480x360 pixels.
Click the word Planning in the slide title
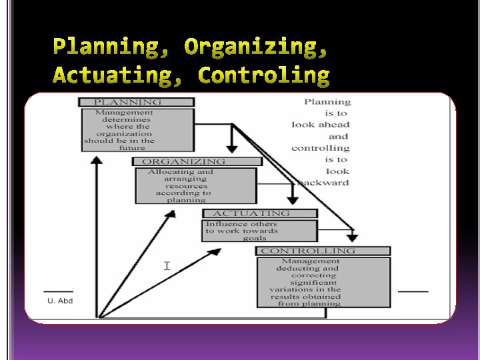pyautogui.click(x=111, y=48)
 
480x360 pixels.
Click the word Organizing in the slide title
pyautogui.click(x=257, y=48)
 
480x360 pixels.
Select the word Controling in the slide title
pyautogui.click(x=265, y=76)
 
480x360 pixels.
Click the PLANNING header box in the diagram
pyautogui.click(x=137, y=102)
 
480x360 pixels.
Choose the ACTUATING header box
pyautogui.click(x=260, y=213)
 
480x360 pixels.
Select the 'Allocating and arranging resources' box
pyautogui.click(x=195, y=185)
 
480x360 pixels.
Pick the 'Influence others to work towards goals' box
pyautogui.click(x=260, y=231)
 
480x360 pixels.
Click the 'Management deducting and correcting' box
pyautogui.click(x=323, y=283)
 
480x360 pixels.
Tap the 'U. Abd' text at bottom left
pyautogui.click(x=60, y=300)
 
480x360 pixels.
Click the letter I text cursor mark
pyautogui.click(x=167, y=266)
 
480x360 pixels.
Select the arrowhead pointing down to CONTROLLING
pyautogui.click(x=353, y=236)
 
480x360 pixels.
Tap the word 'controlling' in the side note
pyautogui.click(x=320, y=147)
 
